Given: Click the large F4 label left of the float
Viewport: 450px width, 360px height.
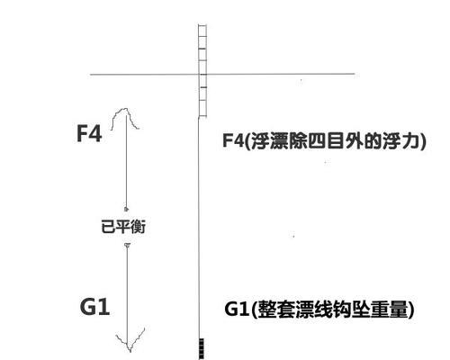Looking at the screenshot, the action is click(89, 133).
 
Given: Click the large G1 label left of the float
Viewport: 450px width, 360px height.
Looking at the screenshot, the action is click(94, 307).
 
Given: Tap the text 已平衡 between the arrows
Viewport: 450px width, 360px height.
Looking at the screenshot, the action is click(123, 227).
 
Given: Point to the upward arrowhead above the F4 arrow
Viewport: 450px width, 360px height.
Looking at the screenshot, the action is click(125, 118).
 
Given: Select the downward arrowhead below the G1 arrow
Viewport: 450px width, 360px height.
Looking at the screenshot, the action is click(130, 340).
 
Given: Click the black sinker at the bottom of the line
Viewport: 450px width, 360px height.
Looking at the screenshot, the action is click(202, 348).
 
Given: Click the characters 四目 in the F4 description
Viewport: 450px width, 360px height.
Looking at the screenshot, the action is click(326, 140).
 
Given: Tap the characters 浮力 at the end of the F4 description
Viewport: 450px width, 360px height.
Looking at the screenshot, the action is click(400, 140).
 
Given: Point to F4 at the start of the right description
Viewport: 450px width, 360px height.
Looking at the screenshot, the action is click(233, 140).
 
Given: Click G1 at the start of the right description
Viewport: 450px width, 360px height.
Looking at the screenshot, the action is click(237, 309).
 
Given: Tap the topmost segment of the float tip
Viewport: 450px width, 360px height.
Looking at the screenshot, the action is click(202, 31).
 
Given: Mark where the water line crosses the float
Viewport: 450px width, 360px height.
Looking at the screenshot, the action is click(202, 74).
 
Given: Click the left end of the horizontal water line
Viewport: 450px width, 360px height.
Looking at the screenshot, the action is click(91, 74).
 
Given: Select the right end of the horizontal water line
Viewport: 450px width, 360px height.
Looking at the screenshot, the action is click(355, 74).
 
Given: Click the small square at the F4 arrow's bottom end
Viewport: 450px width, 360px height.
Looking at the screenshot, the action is click(126, 209).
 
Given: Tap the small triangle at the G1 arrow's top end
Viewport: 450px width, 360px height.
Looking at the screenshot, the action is click(127, 245).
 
